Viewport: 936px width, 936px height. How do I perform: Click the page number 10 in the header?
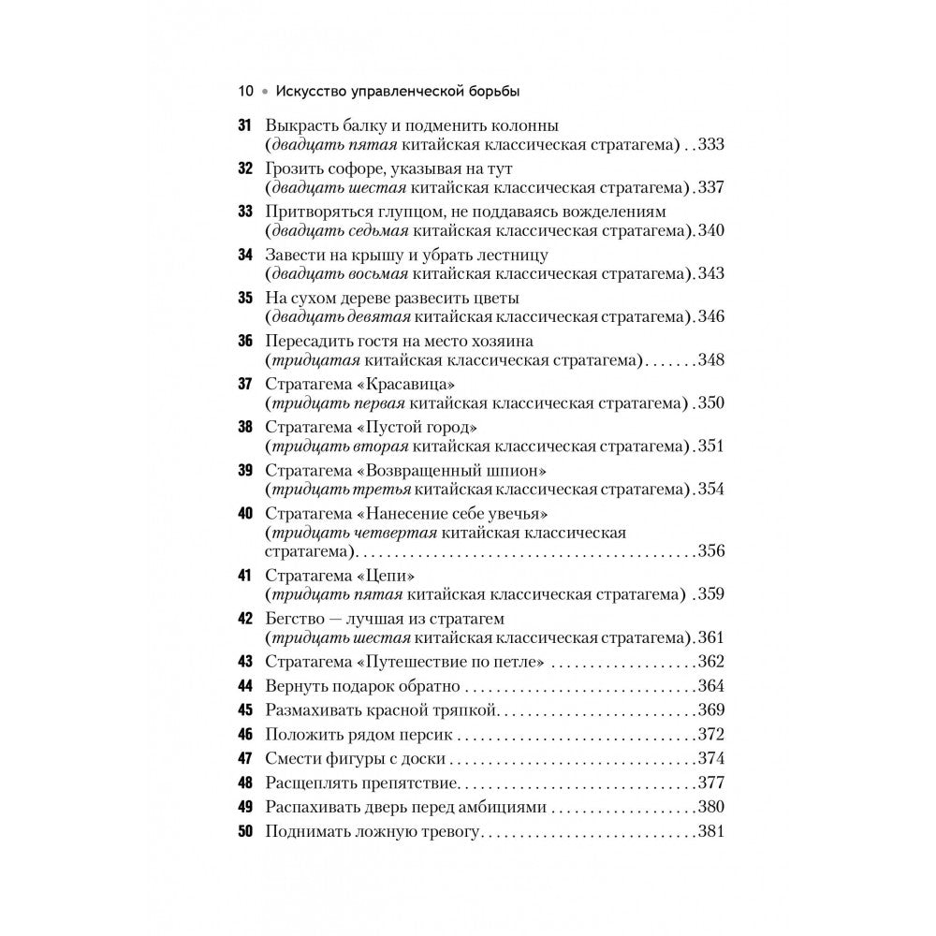[245, 92]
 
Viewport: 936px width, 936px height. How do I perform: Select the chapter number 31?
[246, 125]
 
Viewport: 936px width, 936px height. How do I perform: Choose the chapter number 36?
[246, 342]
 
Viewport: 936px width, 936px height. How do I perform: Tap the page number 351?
[711, 446]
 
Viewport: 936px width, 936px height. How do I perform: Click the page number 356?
[711, 550]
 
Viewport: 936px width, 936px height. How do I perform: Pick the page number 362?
[711, 662]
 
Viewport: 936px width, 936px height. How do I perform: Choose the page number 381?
[711, 831]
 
